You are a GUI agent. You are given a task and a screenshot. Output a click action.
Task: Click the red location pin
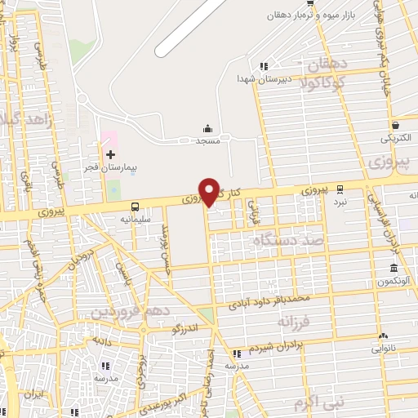[x=210, y=190]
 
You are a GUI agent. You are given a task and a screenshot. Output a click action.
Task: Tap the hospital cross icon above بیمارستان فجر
[x=110, y=153]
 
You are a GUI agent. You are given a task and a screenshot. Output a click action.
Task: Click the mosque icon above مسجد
[x=207, y=128]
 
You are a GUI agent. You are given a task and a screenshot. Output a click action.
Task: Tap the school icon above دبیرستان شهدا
[x=263, y=66]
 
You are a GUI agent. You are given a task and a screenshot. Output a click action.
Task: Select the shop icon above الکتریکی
[x=396, y=126]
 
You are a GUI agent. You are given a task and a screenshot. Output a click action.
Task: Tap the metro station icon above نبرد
[x=340, y=188]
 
